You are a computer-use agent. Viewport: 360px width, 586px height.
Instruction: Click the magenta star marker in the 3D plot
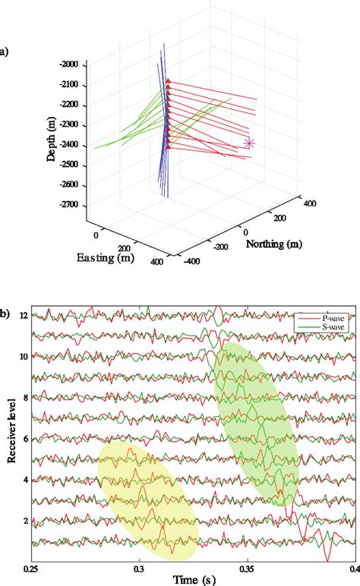point(248,143)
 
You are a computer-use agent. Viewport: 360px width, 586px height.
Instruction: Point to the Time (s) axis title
point(193,580)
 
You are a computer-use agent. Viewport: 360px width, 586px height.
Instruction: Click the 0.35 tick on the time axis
point(246,568)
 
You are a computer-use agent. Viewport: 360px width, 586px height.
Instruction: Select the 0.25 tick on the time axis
point(31,568)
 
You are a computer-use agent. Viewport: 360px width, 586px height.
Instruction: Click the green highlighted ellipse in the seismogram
point(255,423)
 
